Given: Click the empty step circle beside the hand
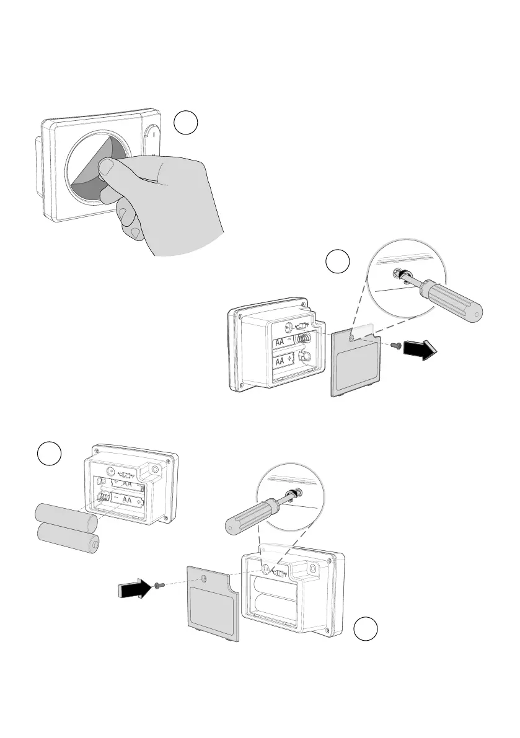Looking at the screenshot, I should tap(186, 123).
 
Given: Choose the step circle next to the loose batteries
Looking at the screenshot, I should tap(48, 454).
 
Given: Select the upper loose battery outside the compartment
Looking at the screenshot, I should tap(66, 516).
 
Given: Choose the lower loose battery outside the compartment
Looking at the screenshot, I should tap(68, 537).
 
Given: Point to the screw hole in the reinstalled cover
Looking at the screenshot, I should tap(204, 579).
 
